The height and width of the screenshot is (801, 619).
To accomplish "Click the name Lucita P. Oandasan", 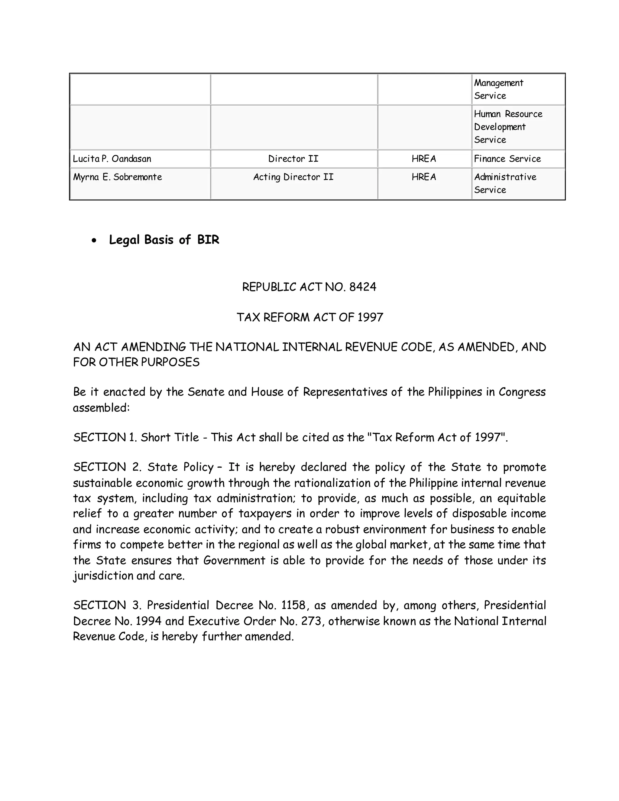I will [112, 159].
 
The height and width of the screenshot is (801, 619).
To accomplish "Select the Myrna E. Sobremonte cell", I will [117, 177].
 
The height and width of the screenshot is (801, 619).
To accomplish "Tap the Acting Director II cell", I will [293, 177].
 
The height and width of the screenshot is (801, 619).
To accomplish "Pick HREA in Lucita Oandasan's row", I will [424, 159].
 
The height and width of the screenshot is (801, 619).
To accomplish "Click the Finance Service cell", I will [507, 159].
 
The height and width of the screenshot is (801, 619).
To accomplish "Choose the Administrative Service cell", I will [505, 183].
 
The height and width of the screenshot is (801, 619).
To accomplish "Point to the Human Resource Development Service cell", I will [508, 127].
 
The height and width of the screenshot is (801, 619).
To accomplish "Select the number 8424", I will [363, 287].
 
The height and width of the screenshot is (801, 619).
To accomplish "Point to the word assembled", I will [101, 408].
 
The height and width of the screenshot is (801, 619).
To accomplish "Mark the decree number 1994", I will [148, 621].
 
